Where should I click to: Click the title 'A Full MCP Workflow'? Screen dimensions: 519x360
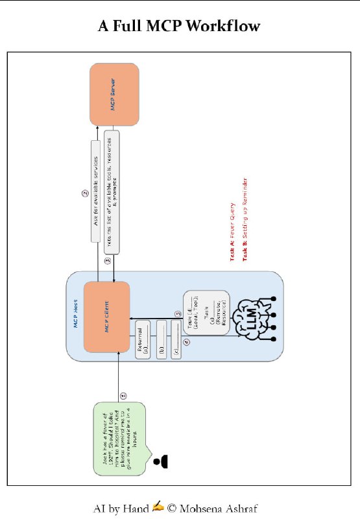(x=180, y=27)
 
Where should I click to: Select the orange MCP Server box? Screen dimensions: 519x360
(x=114, y=94)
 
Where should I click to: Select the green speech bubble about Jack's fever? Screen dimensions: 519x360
(x=119, y=439)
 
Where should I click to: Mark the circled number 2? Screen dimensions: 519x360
(x=84, y=193)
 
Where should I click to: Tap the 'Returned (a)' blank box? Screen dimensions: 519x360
(x=143, y=339)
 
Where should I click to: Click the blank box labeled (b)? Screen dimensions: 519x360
(x=160, y=339)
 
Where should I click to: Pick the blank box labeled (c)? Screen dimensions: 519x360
(x=176, y=339)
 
